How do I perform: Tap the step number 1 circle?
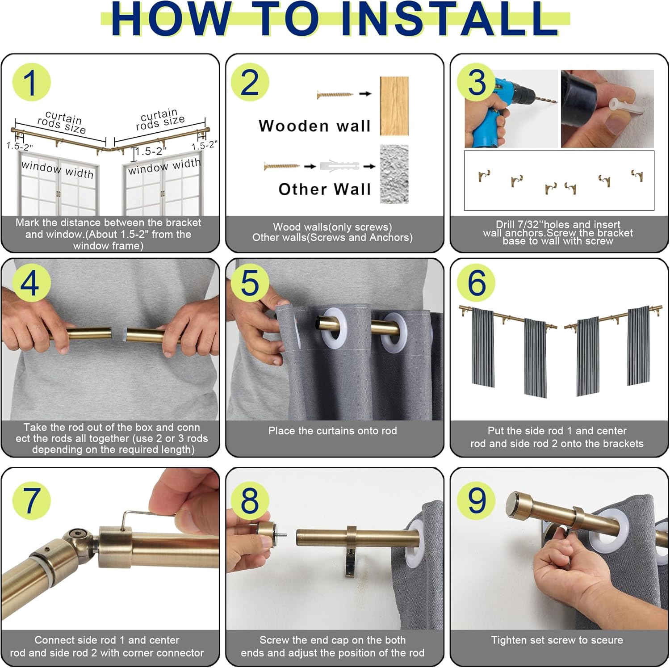point(31,82)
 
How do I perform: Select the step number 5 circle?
point(250,283)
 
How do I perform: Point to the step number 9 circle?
point(476,500)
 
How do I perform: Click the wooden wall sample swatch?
point(394,106)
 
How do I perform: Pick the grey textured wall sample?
point(394,173)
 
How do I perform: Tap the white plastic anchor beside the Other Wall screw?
point(339,166)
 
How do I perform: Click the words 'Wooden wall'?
point(314,126)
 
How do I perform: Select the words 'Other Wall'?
point(325,189)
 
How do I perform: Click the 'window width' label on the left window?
point(58,170)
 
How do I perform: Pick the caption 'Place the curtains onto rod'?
point(333,431)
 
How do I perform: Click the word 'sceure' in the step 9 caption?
point(607,640)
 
